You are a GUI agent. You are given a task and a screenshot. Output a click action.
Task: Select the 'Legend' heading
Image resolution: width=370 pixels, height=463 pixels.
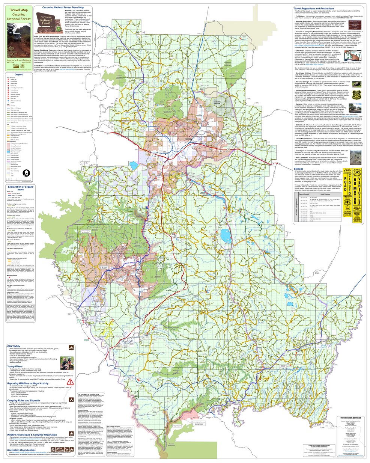click(x=19, y=75)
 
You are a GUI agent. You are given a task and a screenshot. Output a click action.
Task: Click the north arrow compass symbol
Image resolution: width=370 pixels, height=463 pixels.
click(x=25, y=173)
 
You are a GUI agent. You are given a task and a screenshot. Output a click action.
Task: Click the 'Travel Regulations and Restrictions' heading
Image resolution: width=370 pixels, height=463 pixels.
click(x=314, y=8)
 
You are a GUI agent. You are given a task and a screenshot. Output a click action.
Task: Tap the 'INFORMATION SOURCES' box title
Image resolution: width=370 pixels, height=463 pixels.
click(x=351, y=407)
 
